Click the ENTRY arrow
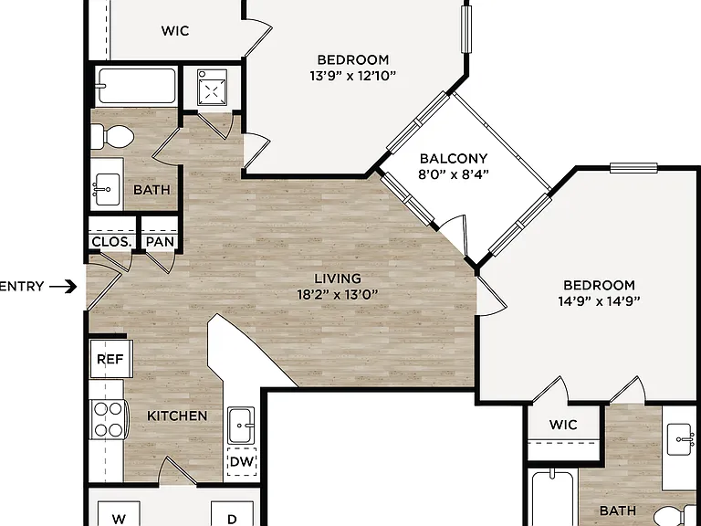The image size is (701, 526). point(63,286)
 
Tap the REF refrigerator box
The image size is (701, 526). point(111,359)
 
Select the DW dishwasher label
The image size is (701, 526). point(242,461)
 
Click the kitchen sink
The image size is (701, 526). point(241,426)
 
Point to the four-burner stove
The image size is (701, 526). point(109,419)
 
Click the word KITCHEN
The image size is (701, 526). point(177,416)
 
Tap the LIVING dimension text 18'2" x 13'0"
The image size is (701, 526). point(338,295)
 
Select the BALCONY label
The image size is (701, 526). point(454,159)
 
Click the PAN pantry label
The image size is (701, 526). point(160,242)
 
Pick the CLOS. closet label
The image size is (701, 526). point(111,242)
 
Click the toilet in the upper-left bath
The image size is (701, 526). point(112,136)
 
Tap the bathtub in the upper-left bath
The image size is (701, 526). point(137,86)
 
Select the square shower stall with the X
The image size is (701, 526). point(212,87)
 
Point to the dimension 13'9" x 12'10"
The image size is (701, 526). point(352,76)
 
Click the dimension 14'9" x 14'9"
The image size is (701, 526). point(599,301)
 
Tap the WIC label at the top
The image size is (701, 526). point(175,31)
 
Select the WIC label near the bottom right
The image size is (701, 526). point(563,425)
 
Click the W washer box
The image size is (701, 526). point(119,513)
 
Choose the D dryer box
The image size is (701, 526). point(232,513)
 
